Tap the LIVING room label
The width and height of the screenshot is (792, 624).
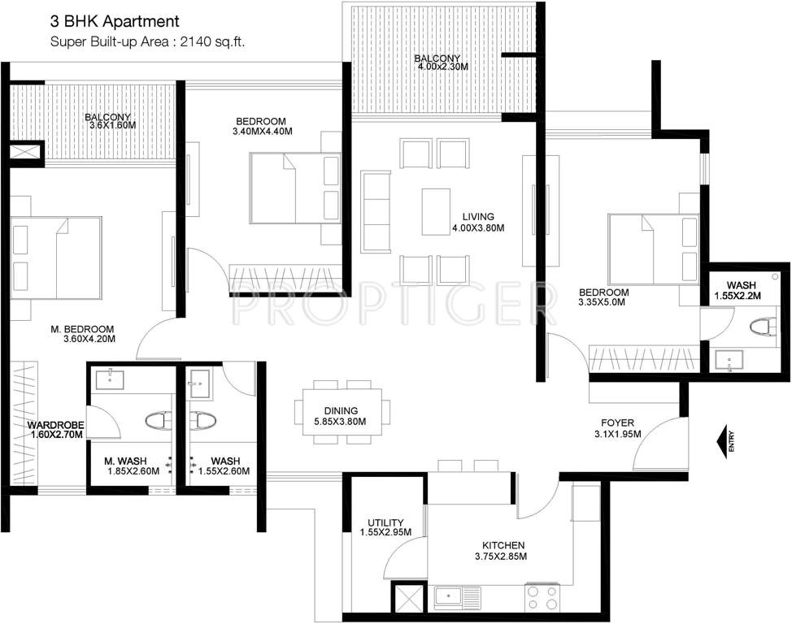coord(478,217)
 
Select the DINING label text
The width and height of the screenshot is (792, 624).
coord(340,411)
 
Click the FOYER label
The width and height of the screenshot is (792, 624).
coord(617,422)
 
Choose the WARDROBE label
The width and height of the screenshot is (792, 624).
coord(53,425)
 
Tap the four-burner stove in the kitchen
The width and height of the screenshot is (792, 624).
coord(543,600)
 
